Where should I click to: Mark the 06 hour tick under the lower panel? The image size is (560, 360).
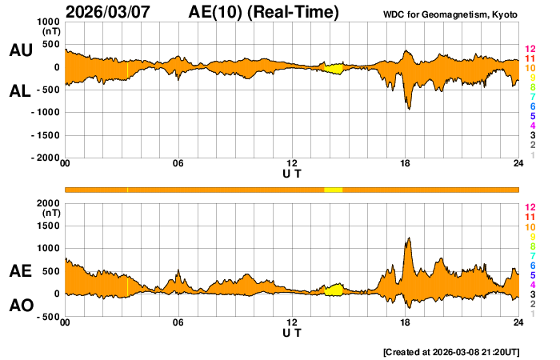tap(178, 323)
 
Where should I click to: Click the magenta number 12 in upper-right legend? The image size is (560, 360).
tap(529, 50)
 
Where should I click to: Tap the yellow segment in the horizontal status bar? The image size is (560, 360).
tap(333, 189)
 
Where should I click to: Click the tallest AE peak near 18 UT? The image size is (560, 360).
tap(409, 238)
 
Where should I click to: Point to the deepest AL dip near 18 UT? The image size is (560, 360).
tap(409, 108)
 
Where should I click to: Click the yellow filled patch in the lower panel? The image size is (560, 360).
tap(334, 290)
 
